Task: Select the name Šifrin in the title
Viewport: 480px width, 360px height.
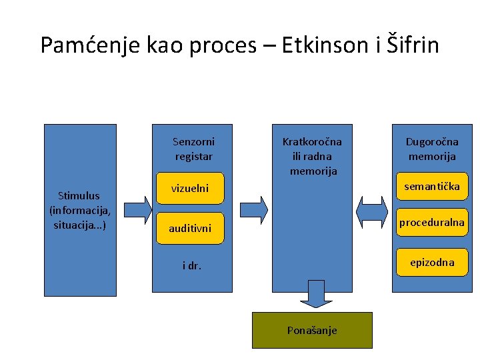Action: [413, 45]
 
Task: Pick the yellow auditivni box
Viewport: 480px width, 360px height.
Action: [190, 228]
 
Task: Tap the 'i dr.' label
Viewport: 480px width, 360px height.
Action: [192, 266]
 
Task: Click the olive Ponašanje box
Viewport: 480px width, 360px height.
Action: [312, 330]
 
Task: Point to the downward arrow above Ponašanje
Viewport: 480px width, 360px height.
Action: [312, 294]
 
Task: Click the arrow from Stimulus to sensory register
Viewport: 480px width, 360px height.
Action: [138, 209]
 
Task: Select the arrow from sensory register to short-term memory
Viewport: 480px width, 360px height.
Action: [254, 209]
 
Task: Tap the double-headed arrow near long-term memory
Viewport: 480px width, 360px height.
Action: [372, 211]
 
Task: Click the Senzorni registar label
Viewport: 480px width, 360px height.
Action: [193, 149]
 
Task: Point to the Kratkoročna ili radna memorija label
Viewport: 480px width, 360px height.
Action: [312, 156]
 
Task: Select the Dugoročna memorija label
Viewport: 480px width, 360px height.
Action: [432, 149]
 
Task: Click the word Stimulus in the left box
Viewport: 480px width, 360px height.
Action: [79, 196]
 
